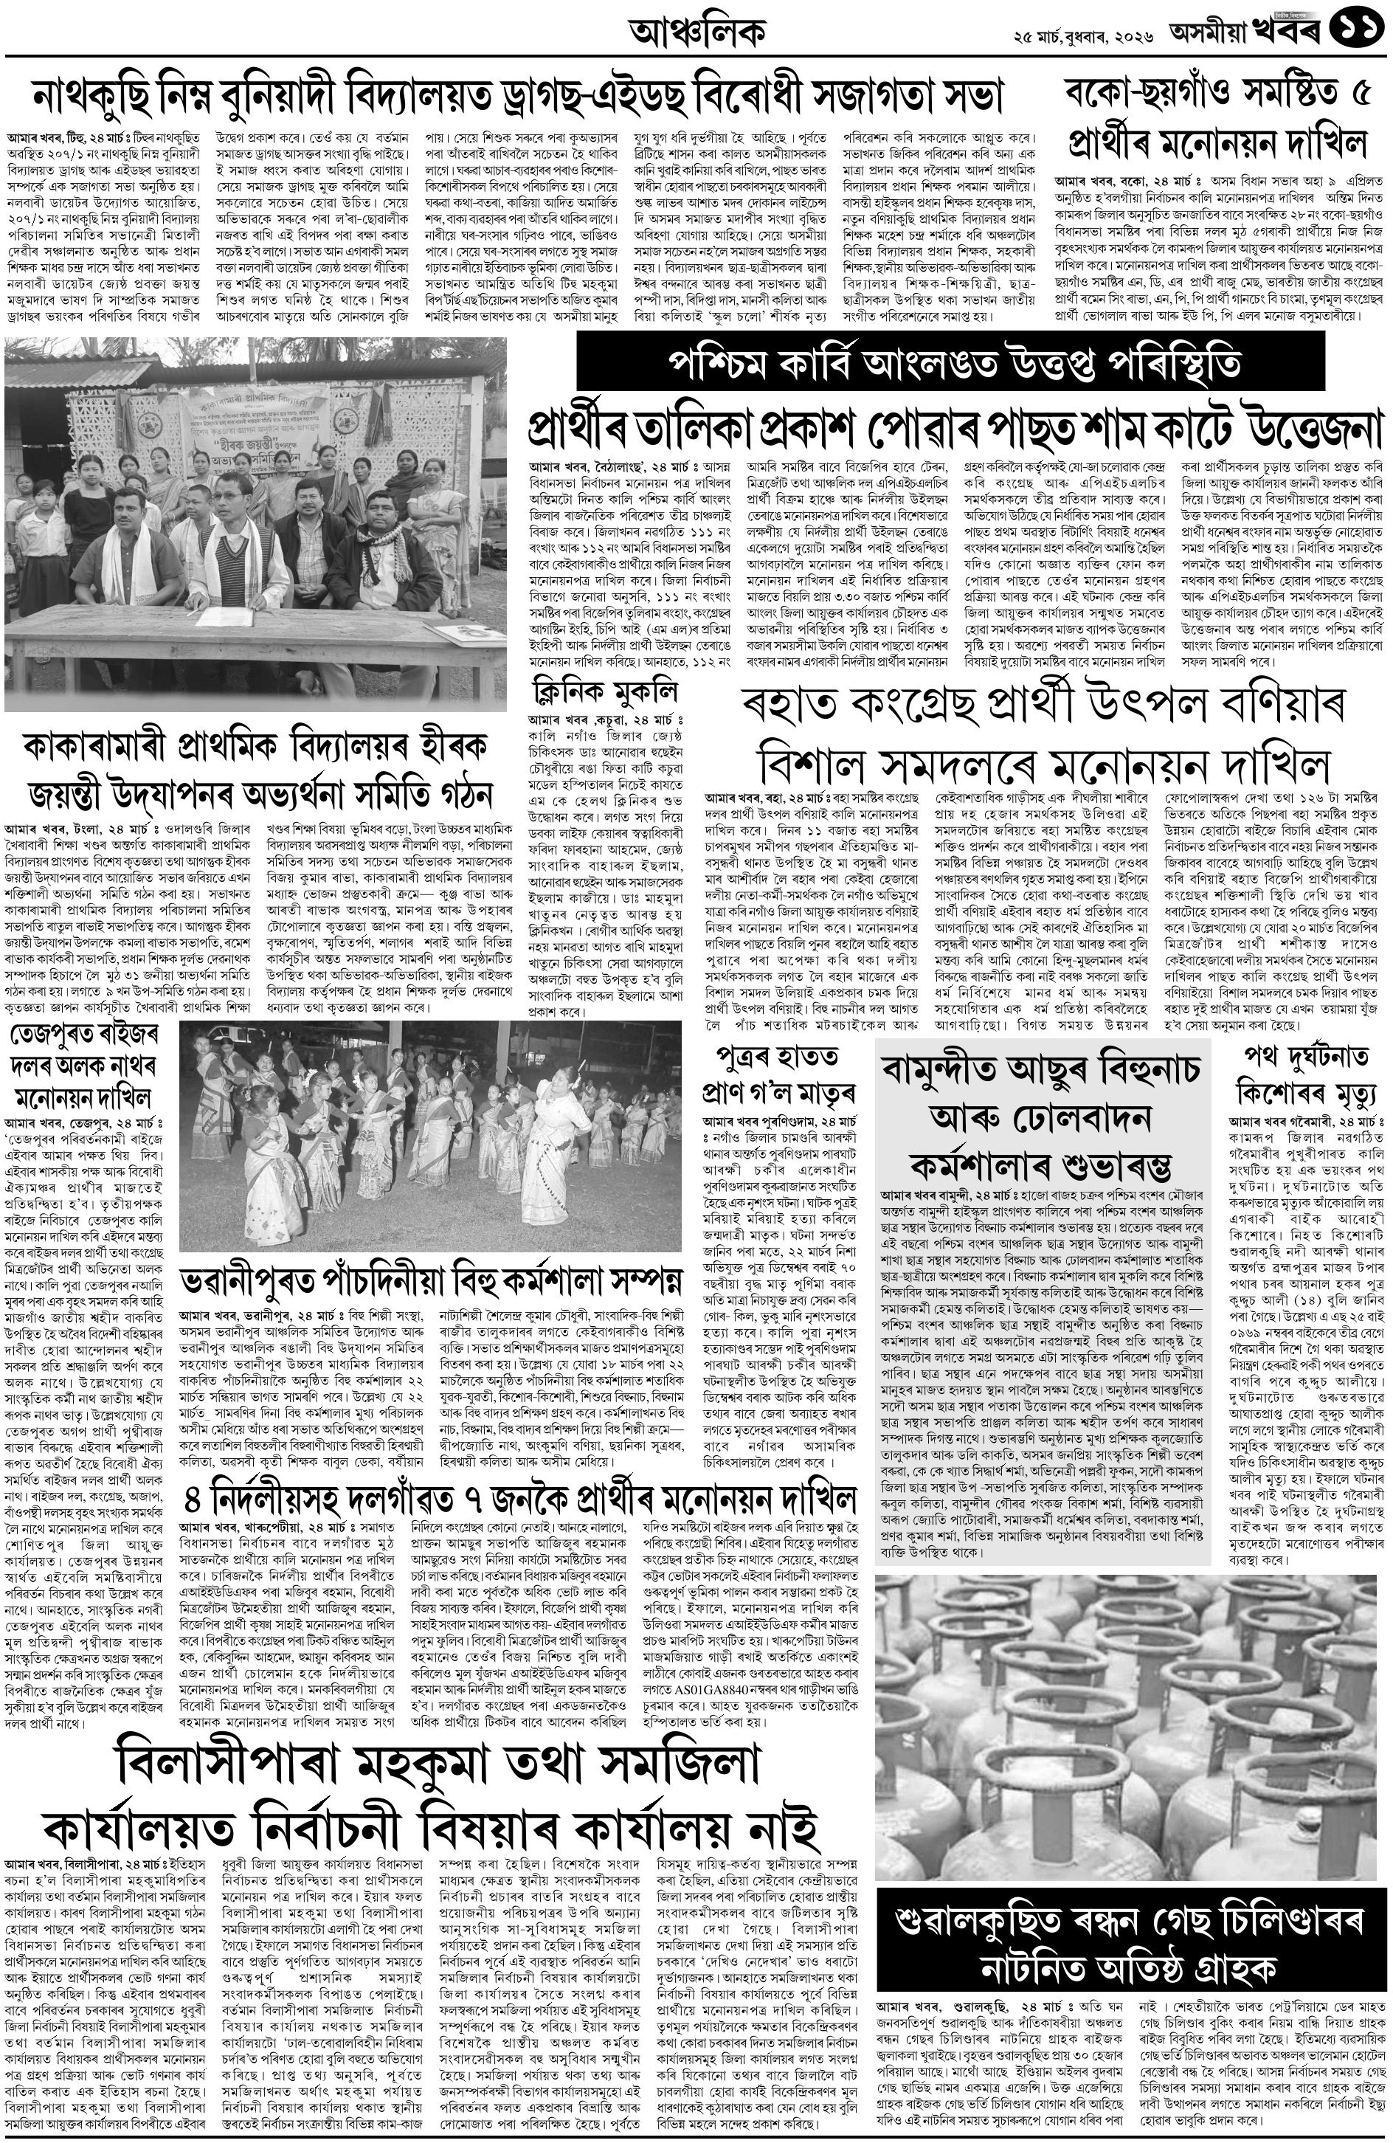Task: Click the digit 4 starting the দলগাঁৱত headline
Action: [193, 1501]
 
